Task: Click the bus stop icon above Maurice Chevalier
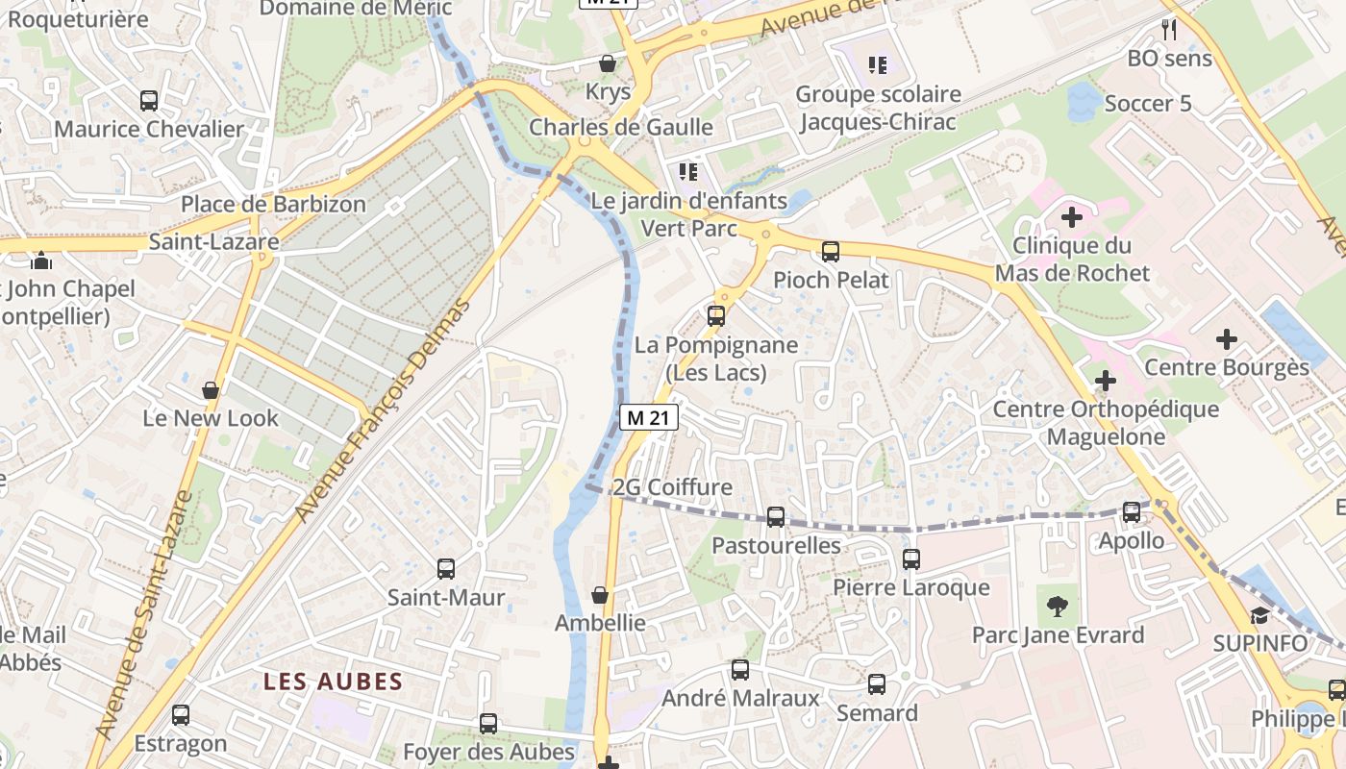coord(149,100)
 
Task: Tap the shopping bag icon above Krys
coord(608,63)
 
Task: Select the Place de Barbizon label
coord(274,204)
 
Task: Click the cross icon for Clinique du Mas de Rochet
coord(1072,217)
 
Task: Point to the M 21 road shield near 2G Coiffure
coord(649,417)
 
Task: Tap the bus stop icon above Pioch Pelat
coord(831,252)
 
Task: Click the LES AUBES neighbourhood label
coord(333,682)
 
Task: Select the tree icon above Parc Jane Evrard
coord(1058,606)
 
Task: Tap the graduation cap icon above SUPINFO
coord(1259,614)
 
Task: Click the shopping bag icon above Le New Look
coord(211,390)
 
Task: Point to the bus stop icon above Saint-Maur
coord(446,568)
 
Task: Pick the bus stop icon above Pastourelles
coord(776,517)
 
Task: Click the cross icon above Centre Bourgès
coord(1226,338)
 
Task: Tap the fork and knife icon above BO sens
coord(1169,29)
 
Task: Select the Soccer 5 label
coord(1148,104)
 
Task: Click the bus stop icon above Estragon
coord(181,715)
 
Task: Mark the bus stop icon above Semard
coord(877,684)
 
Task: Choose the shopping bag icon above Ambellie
coord(600,595)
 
